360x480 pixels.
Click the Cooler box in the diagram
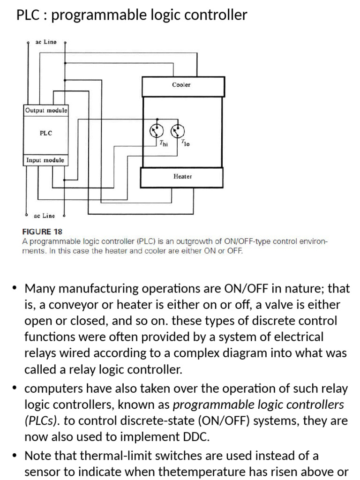183,86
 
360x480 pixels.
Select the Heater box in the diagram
182,177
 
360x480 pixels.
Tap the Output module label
46,111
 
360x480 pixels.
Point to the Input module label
45,160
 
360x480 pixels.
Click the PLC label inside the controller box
46,133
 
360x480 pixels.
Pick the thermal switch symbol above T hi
157,130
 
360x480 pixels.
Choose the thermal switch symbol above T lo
178,130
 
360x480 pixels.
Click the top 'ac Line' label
46,42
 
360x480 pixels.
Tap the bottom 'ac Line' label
45,216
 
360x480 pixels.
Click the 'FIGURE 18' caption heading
42,232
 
